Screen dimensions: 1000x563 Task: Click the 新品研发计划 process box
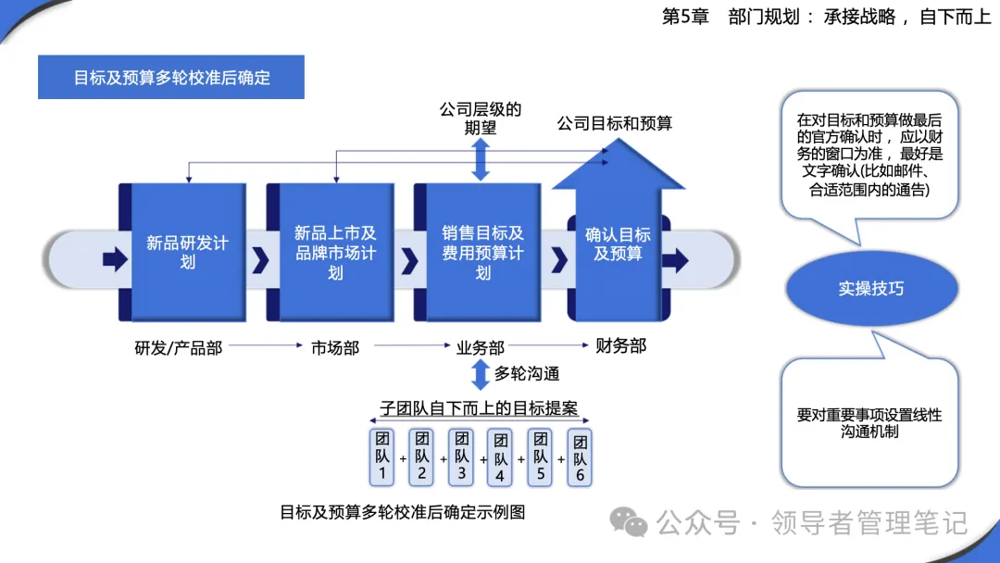pyautogui.click(x=182, y=252)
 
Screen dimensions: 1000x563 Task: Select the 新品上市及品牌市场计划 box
pyautogui.click(x=331, y=252)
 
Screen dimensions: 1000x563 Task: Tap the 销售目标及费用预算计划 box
pyautogui.click(x=478, y=252)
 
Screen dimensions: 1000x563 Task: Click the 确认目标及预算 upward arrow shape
pyautogui.click(x=618, y=230)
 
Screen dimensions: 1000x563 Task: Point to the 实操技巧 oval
pyautogui.click(x=872, y=288)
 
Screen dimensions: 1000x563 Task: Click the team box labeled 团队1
pyautogui.click(x=382, y=457)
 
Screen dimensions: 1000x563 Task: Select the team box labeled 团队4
pyautogui.click(x=500, y=457)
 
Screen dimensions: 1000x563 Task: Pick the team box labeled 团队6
pyautogui.click(x=580, y=457)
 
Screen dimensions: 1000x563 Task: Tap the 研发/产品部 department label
pyautogui.click(x=179, y=348)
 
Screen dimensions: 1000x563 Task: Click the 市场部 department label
pyautogui.click(x=335, y=348)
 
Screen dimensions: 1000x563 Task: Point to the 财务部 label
pyautogui.click(x=620, y=345)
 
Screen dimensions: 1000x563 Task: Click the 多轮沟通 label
pyautogui.click(x=527, y=373)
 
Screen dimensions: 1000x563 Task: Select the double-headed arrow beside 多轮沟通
pyautogui.click(x=481, y=374)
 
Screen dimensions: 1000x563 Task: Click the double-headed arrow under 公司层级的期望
pyautogui.click(x=481, y=159)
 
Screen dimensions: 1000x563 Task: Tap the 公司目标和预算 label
pyautogui.click(x=615, y=123)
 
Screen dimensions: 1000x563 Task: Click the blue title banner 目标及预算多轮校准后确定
pyautogui.click(x=171, y=77)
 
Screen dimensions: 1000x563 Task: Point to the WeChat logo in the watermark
pyautogui.click(x=628, y=522)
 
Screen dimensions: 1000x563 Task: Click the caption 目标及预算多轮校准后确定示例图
pyautogui.click(x=403, y=512)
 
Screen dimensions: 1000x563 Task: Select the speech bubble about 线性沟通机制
pyautogui.click(x=869, y=415)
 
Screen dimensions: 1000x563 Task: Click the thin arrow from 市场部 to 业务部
pyautogui.click(x=412, y=345)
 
